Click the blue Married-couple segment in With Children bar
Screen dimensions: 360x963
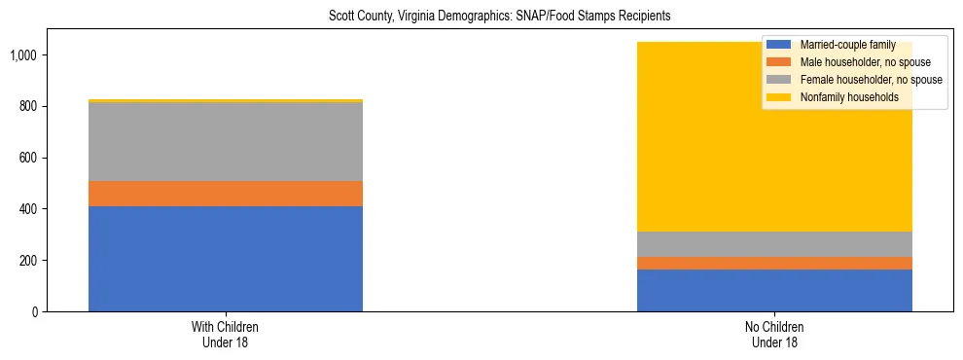click(225, 259)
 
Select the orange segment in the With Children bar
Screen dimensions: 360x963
click(225, 194)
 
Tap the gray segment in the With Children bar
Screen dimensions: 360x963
click(225, 142)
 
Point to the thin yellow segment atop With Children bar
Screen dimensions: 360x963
click(225, 100)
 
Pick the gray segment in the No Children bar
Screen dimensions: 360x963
click(774, 244)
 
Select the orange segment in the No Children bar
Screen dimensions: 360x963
click(774, 263)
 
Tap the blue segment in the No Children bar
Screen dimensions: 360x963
click(774, 290)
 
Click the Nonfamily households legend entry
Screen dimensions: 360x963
click(841, 97)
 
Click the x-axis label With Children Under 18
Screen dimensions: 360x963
click(225, 335)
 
